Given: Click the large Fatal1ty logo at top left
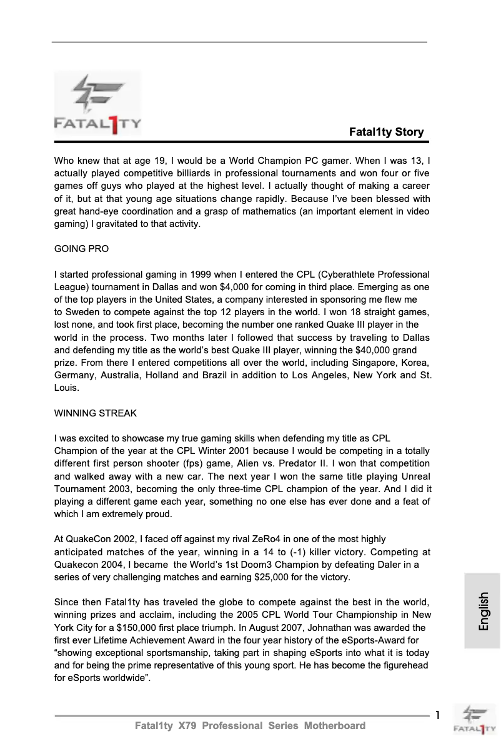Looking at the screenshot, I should [97, 104].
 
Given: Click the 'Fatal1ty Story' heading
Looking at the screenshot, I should [386, 132].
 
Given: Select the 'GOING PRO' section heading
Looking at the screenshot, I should [81, 249].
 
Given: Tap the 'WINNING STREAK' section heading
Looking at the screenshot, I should [96, 413].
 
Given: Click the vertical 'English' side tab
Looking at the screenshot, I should [483, 611].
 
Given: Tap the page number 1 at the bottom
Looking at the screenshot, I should [438, 715].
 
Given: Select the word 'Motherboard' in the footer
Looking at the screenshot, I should [334, 726].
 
